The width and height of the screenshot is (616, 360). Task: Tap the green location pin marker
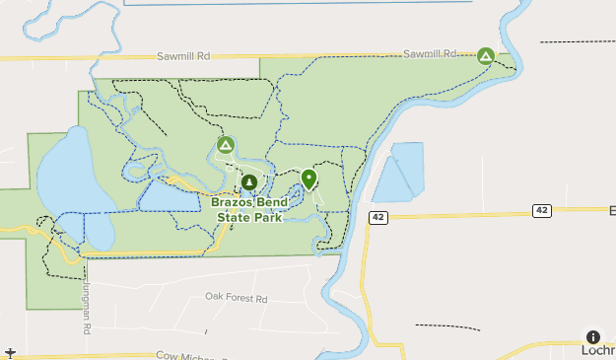[309, 180]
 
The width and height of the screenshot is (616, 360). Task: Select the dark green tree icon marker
[248, 182]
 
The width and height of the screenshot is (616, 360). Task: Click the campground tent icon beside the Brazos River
[485, 56]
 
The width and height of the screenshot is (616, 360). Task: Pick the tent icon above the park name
[225, 147]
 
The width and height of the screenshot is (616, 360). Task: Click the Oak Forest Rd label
[236, 298]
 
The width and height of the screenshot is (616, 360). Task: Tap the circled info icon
[592, 337]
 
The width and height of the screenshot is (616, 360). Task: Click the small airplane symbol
[9, 352]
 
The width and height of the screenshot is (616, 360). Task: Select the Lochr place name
[597, 350]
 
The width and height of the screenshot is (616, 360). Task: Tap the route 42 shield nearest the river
[378, 217]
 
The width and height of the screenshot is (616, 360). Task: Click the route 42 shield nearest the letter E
[541, 210]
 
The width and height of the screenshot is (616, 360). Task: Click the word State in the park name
[227, 218]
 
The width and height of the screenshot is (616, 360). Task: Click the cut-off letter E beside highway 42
[610, 210]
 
